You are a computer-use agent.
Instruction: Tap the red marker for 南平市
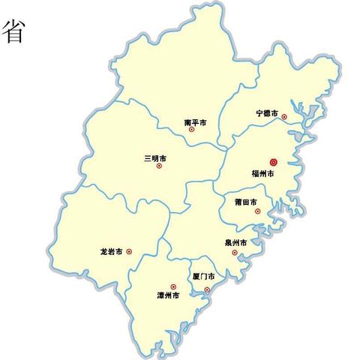pyautogui.click(x=191, y=129)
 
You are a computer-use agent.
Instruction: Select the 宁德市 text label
pyautogui.click(x=267, y=113)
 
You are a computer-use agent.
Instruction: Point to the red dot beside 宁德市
pyautogui.click(x=283, y=116)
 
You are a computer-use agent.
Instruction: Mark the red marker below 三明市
pyautogui.click(x=159, y=166)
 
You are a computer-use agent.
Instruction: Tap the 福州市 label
pyautogui.click(x=263, y=174)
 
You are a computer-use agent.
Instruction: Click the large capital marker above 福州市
pyautogui.click(x=273, y=161)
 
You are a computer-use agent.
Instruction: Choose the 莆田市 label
pyautogui.click(x=246, y=202)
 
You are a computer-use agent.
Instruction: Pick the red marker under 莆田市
pyautogui.click(x=257, y=211)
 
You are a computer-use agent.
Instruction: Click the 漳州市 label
pyautogui.click(x=168, y=295)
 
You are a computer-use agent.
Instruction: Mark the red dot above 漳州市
pyautogui.click(x=173, y=286)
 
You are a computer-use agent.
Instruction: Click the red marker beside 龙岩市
pyautogui.click(x=129, y=252)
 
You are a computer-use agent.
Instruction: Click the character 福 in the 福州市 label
pyautogui.click(x=255, y=174)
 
